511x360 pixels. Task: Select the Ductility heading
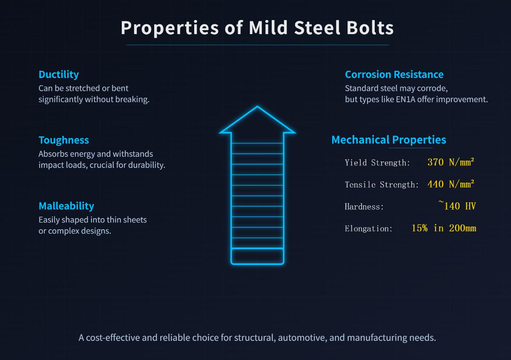click(x=58, y=75)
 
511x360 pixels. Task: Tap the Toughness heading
click(x=63, y=140)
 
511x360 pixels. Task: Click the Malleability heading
click(x=66, y=206)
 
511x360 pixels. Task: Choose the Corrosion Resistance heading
click(x=394, y=75)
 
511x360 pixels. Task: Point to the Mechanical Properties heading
click(x=388, y=140)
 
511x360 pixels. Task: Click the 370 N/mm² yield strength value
click(x=451, y=162)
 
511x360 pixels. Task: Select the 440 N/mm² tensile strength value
click(x=451, y=184)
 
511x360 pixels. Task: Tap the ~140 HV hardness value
click(x=457, y=206)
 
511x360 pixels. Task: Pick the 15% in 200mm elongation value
click(x=444, y=228)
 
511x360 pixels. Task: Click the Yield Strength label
click(x=377, y=163)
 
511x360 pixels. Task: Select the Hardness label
click(x=364, y=207)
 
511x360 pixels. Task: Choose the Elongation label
click(x=368, y=229)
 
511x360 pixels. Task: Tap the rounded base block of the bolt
click(x=257, y=256)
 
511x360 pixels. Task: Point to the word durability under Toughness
click(x=145, y=165)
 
